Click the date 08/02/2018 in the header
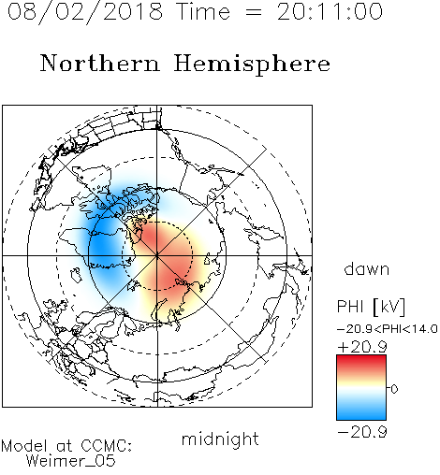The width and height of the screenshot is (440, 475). (x=85, y=12)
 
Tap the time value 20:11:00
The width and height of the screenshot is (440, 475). (x=330, y=12)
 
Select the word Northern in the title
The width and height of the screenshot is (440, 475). (x=100, y=63)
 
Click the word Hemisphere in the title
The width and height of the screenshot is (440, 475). (x=252, y=65)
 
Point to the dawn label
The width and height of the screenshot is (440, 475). (x=367, y=269)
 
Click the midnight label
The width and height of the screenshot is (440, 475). (x=220, y=439)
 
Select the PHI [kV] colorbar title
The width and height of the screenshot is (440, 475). (x=371, y=307)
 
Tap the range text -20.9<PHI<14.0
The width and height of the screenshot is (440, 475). (x=388, y=329)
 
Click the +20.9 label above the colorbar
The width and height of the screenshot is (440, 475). (x=362, y=347)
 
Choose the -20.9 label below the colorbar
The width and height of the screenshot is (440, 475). (x=362, y=432)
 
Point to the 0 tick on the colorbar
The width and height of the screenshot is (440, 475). (x=394, y=389)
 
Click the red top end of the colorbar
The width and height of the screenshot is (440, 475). (x=361, y=358)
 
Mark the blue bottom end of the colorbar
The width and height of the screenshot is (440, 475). (x=361, y=417)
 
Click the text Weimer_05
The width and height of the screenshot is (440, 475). (x=71, y=461)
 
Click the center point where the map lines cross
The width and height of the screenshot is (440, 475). (x=157, y=256)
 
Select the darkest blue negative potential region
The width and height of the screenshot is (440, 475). (x=103, y=246)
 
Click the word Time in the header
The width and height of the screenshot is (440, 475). (x=203, y=12)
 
